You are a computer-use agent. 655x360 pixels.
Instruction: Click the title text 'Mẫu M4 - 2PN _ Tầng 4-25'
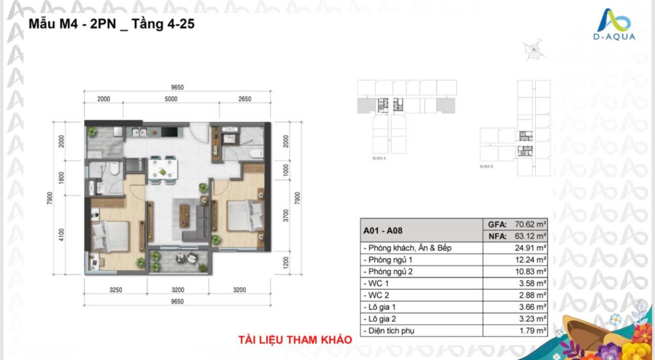pyautogui.click(x=111, y=23)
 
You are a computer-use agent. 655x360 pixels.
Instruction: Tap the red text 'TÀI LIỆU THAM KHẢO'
pyautogui.click(x=295, y=340)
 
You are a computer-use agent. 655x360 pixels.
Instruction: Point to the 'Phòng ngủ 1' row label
pyautogui.click(x=389, y=260)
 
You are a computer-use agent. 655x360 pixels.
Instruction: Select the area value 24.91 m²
pyautogui.click(x=530, y=248)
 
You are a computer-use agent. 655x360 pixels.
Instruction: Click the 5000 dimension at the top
pyautogui.click(x=171, y=99)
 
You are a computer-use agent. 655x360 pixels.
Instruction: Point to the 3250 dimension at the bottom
pyautogui.click(x=116, y=290)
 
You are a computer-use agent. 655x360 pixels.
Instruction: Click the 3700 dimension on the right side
pyautogui.click(x=286, y=216)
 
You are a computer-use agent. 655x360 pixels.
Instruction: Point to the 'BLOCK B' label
pyautogui.click(x=486, y=167)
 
